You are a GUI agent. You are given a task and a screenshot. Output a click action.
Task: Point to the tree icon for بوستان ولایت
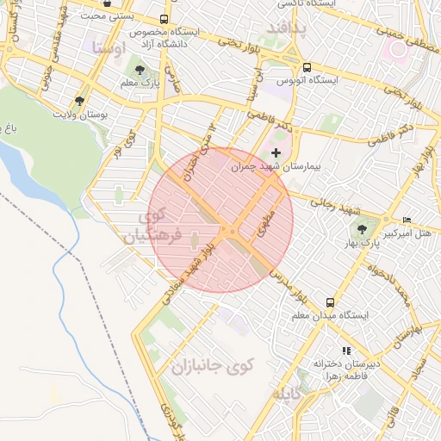pyautogui.click(x=80, y=100)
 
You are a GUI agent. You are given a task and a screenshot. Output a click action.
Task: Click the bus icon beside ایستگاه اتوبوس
pyautogui.click(x=306, y=66)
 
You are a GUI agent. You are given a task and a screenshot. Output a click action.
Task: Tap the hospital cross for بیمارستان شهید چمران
pyautogui.click(x=276, y=152)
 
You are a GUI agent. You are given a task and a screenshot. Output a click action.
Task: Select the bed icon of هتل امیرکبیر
pyautogui.click(x=407, y=220)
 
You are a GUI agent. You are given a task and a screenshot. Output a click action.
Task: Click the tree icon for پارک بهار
pyautogui.click(x=362, y=228)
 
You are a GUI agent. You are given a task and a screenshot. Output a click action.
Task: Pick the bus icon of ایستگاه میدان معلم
pyautogui.click(x=330, y=302)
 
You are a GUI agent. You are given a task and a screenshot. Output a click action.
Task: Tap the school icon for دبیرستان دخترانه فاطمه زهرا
pyautogui.click(x=346, y=351)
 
